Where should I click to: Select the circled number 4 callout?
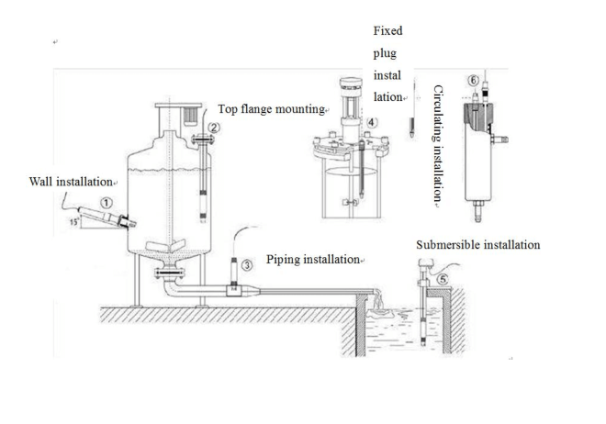pos(372,121)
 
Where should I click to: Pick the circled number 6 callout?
pos(473,81)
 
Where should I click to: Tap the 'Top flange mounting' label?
pos(271,109)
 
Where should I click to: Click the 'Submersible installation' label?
pos(477,245)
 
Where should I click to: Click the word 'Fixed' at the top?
pos(387,30)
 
